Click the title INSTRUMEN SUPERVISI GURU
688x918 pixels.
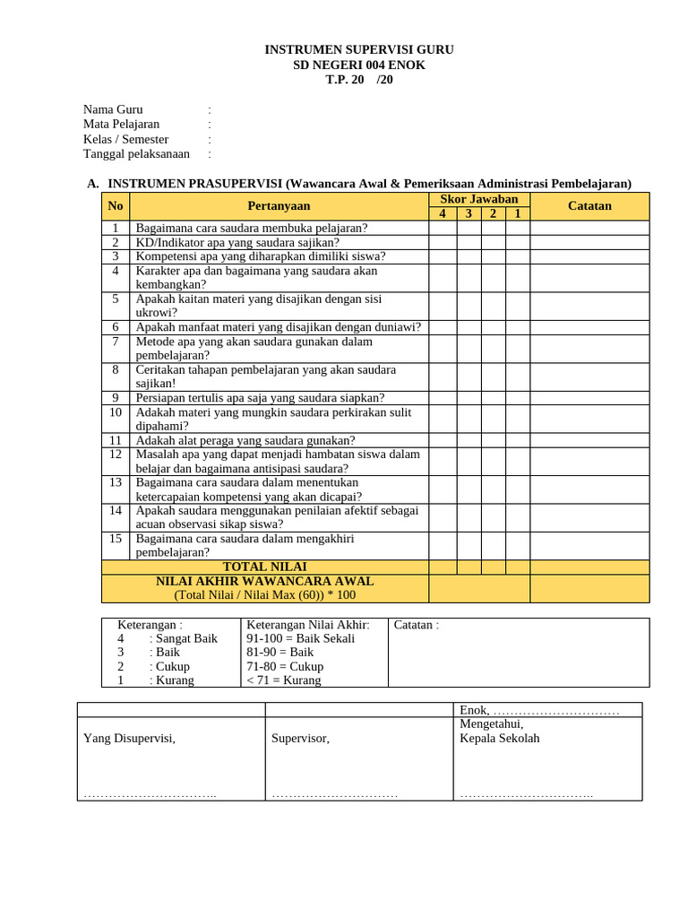(x=359, y=49)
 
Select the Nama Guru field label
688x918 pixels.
(x=113, y=109)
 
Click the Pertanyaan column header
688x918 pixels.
(x=279, y=206)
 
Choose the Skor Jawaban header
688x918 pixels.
(x=478, y=199)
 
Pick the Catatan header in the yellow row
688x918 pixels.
(x=589, y=206)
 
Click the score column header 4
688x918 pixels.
(x=443, y=213)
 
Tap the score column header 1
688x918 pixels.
(x=517, y=213)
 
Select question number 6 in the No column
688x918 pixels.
(x=116, y=327)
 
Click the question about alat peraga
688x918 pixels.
(x=245, y=440)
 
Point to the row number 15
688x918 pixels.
(x=116, y=538)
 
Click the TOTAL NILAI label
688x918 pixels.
(x=264, y=567)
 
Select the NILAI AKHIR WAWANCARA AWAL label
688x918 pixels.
(x=264, y=581)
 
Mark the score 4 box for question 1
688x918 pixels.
(x=443, y=228)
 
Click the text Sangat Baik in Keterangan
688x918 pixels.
(x=185, y=638)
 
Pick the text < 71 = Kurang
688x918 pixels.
(x=285, y=680)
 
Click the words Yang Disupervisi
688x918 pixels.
(x=129, y=739)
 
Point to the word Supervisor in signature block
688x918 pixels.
(x=300, y=739)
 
